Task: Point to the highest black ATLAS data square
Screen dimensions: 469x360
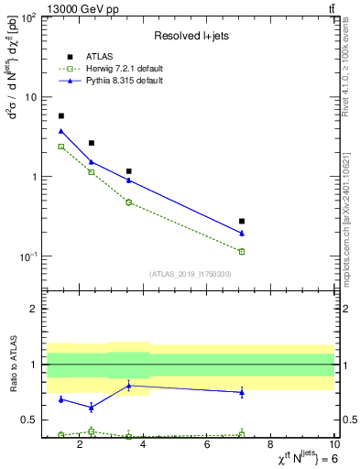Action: pyautogui.click(x=61, y=116)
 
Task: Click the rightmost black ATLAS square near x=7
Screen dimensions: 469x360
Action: pyautogui.click(x=242, y=222)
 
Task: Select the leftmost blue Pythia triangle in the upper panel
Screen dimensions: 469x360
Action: pyautogui.click(x=61, y=132)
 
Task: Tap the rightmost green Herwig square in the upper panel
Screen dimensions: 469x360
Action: pyautogui.click(x=242, y=251)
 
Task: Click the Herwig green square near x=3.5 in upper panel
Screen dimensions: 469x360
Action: pyautogui.click(x=129, y=202)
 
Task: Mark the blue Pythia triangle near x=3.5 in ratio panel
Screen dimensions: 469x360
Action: pyautogui.click(x=129, y=386)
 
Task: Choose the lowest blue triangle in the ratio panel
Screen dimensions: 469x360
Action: pyautogui.click(x=92, y=408)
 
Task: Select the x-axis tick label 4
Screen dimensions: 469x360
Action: pyautogui.click(x=145, y=446)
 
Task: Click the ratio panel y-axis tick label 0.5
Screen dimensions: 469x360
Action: pyautogui.click(x=27, y=420)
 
